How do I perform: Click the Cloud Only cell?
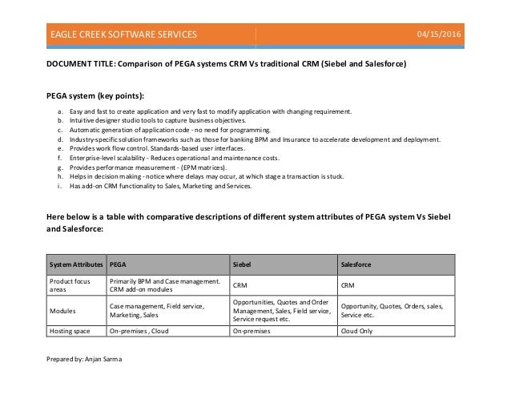360,330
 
